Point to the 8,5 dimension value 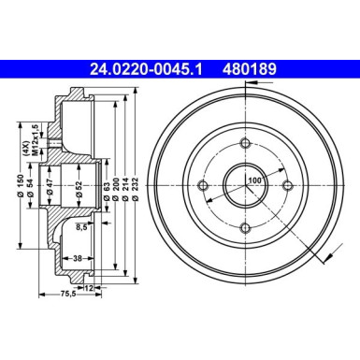coord(81,225)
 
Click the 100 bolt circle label coord(255,180)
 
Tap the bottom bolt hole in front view coord(244,227)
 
